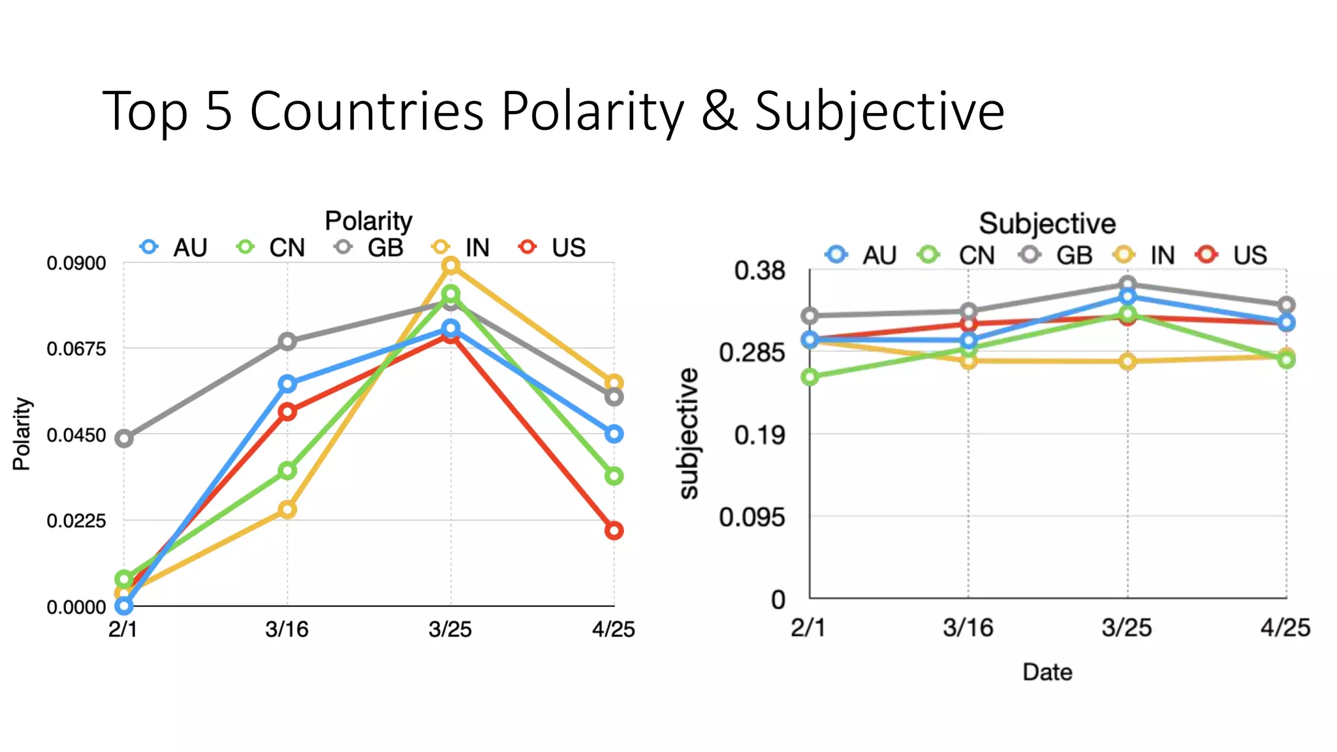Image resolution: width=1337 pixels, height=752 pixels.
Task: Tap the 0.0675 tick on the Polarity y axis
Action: pos(76,349)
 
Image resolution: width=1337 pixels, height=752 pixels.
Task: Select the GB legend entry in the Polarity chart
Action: pos(371,248)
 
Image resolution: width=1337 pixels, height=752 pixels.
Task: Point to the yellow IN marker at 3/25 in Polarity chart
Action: pos(450,266)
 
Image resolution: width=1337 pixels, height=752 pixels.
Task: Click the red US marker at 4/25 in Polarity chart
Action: pos(614,531)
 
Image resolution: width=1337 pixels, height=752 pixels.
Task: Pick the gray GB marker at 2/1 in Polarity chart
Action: pos(124,439)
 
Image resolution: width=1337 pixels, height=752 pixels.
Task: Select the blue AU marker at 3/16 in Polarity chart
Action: pos(287,384)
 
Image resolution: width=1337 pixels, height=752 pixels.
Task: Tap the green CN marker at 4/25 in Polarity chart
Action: pos(614,476)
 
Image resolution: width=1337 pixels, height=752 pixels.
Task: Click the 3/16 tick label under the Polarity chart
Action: pos(287,629)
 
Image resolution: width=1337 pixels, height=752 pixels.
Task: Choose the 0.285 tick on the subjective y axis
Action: pos(751,352)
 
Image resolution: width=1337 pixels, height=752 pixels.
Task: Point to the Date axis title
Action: pos(1047,672)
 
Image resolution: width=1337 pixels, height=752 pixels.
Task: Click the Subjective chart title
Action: pos(1047,223)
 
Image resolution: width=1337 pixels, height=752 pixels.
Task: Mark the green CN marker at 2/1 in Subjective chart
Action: pos(810,377)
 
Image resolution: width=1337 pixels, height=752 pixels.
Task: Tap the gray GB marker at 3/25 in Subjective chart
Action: pos(1127,285)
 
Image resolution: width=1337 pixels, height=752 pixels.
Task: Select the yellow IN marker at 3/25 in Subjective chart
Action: pos(1127,361)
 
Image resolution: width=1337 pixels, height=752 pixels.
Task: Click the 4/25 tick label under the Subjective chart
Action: pos(1285,628)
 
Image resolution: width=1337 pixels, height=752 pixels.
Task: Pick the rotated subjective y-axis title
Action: pos(688,433)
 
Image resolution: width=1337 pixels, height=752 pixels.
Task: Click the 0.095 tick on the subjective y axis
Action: pos(751,517)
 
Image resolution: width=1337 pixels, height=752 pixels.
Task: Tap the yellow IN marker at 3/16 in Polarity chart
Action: pos(287,509)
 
